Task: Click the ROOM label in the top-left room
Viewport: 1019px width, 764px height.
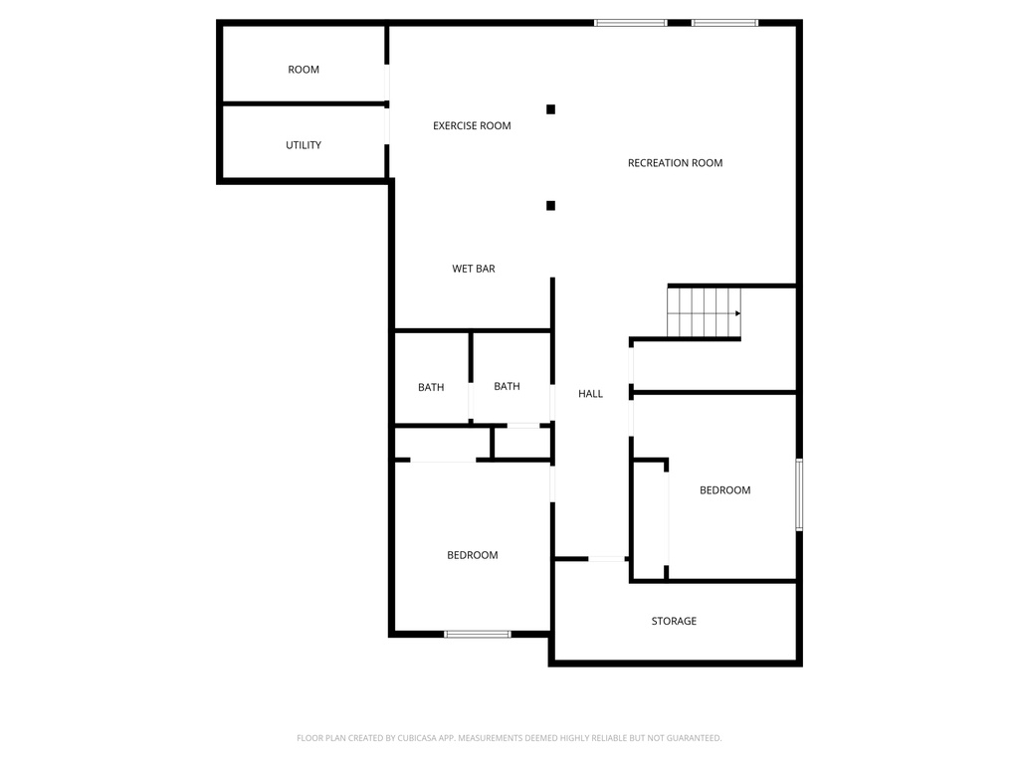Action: [304, 70]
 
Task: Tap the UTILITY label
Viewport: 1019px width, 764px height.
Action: [304, 145]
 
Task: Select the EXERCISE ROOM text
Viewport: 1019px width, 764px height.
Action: [472, 125]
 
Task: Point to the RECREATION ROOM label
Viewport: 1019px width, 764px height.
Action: [675, 163]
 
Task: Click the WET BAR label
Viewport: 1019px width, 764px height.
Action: [474, 269]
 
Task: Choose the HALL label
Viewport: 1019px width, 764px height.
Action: [590, 394]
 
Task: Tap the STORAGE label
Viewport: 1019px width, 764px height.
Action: [674, 621]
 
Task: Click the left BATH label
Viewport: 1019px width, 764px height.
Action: [431, 387]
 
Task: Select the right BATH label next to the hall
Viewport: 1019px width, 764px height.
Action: [507, 386]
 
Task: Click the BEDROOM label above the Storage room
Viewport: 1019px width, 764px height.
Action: [724, 490]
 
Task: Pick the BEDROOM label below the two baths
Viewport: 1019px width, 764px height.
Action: [472, 555]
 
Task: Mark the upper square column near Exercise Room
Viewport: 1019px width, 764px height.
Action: [550, 109]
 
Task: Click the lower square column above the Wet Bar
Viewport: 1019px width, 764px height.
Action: [550, 206]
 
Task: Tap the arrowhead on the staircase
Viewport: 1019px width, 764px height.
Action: [737, 313]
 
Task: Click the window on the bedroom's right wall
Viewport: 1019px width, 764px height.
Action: [799, 494]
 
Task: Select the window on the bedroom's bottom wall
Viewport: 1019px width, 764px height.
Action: [478, 634]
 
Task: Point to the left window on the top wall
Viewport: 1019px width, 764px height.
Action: [630, 22]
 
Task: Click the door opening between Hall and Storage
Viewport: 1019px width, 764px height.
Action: [606, 559]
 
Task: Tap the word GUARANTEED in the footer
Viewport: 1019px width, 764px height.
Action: [687, 738]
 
